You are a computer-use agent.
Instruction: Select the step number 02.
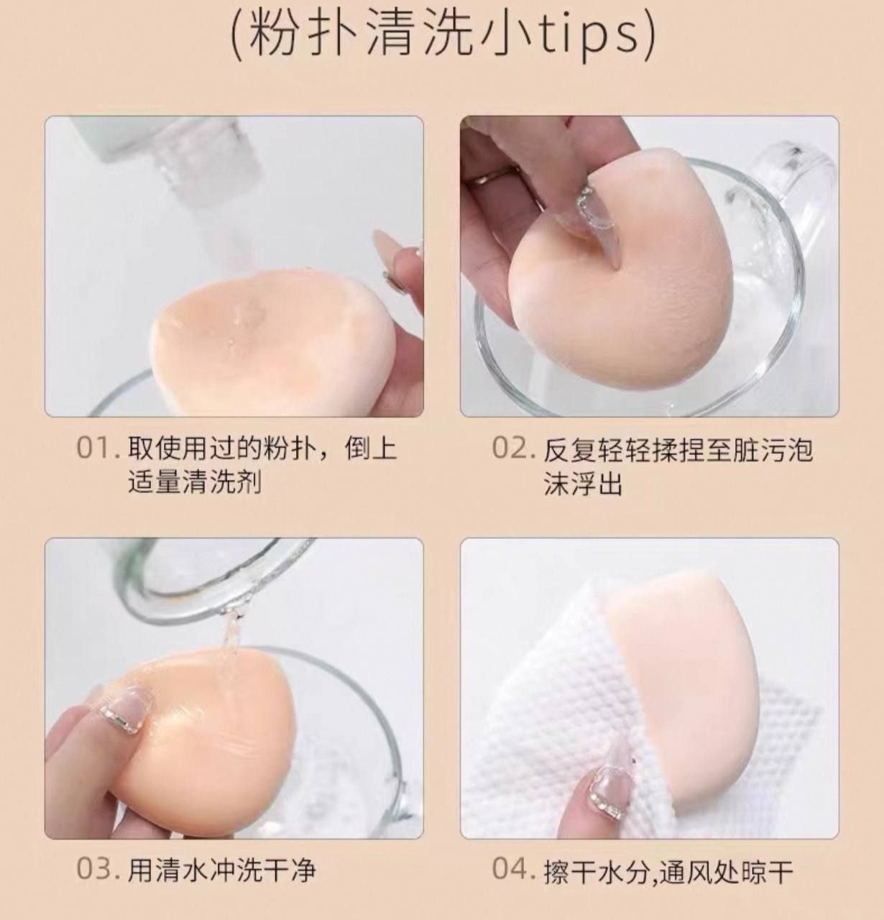tap(513, 448)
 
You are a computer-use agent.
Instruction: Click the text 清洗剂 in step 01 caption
tap(221, 483)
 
